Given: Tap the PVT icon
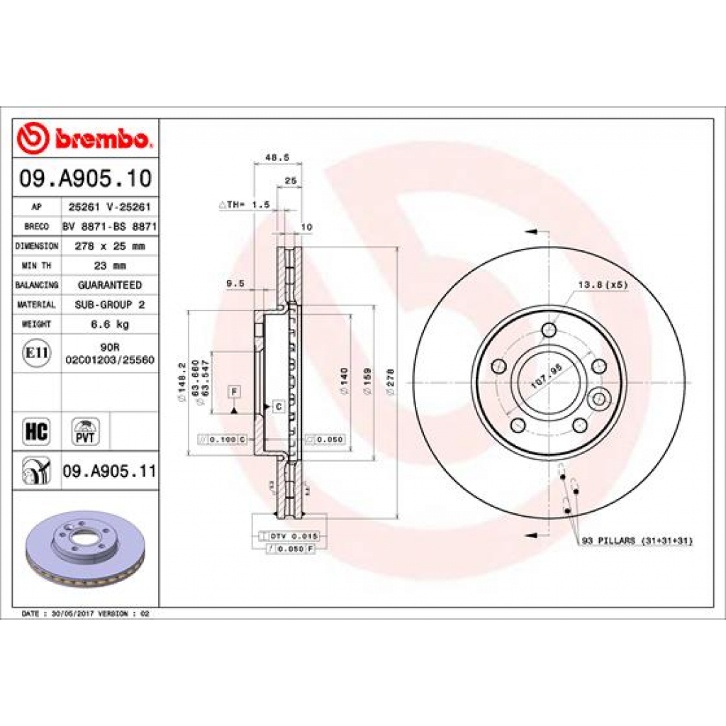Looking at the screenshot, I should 86,431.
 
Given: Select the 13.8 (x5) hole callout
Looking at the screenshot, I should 603,285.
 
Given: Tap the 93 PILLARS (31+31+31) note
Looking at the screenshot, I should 637,540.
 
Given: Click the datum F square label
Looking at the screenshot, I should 233,391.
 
